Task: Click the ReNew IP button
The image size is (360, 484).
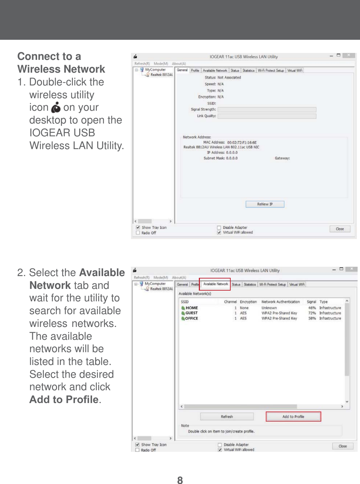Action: point(265,204)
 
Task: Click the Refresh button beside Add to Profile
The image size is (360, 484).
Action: point(227,417)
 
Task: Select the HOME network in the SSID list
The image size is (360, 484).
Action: point(192,308)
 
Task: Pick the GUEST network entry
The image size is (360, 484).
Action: point(191,313)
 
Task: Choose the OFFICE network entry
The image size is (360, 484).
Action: point(191,318)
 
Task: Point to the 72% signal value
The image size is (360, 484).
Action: point(312,313)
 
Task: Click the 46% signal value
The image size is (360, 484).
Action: point(312,308)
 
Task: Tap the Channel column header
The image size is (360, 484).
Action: point(230,302)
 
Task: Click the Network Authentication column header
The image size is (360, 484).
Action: point(280,302)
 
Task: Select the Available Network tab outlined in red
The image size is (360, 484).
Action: point(215,284)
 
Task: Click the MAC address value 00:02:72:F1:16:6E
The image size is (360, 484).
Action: point(242,142)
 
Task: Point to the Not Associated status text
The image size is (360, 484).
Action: point(229,77)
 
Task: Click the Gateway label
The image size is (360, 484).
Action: point(282,158)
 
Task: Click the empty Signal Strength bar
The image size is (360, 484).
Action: point(267,109)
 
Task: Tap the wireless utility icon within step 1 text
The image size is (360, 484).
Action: point(56,108)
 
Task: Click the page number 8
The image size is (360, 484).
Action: point(180,480)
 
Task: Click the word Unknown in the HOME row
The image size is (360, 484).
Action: point(269,308)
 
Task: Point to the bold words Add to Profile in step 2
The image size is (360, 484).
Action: point(64,400)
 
